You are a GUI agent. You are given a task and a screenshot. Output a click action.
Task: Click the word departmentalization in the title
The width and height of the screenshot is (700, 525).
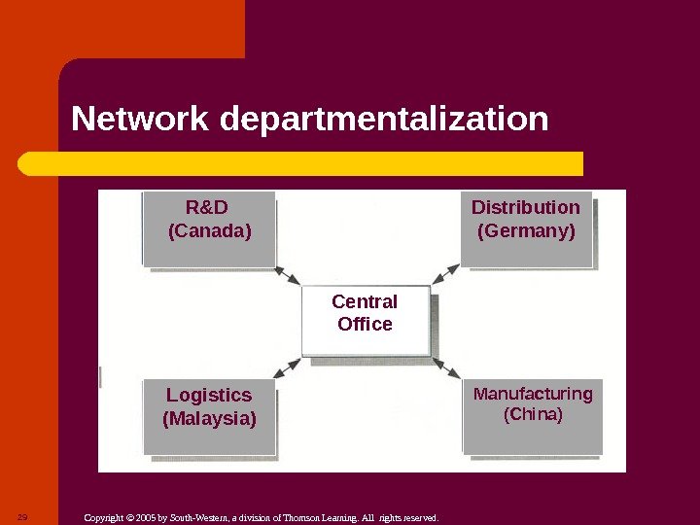(384, 122)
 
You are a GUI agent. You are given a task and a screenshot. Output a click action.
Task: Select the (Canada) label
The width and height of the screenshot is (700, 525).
(210, 231)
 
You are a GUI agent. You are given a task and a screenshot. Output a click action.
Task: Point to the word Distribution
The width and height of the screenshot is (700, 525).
(525, 207)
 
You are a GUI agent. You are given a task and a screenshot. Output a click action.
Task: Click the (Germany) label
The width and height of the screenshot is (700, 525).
(526, 231)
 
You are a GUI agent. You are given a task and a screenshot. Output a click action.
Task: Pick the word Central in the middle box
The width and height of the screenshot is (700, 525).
(365, 301)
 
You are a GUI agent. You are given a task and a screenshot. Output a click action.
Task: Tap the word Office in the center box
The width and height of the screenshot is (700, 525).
(365, 324)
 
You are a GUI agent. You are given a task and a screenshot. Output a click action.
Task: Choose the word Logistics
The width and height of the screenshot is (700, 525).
(209, 395)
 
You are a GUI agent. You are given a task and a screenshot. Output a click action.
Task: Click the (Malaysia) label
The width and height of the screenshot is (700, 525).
(209, 419)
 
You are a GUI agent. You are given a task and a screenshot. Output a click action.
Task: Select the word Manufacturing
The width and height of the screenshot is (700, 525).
(533, 394)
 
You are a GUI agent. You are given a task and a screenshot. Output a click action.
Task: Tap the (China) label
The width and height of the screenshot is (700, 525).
(533, 415)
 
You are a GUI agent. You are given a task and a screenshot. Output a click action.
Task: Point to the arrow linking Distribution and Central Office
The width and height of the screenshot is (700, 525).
(444, 273)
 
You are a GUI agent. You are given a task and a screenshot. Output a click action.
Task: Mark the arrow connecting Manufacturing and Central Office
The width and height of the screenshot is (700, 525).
(446, 367)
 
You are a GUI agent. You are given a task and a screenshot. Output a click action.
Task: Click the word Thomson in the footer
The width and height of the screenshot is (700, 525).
(297, 518)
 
